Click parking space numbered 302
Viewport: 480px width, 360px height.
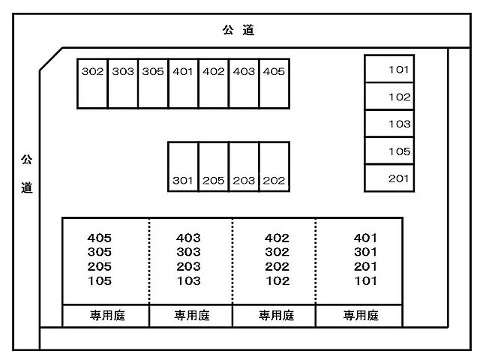[x=92, y=83]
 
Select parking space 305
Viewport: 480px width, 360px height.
[x=153, y=83]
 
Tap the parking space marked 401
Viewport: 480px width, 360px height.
[x=183, y=83]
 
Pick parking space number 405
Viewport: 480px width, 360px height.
[x=274, y=83]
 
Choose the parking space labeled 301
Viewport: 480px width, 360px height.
[x=183, y=167]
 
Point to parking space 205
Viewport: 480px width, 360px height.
[x=214, y=167]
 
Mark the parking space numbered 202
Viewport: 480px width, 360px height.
[x=274, y=167]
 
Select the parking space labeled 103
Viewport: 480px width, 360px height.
[x=388, y=124]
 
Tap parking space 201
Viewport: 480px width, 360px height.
[x=388, y=178]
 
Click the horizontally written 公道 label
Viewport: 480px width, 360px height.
[x=238, y=31]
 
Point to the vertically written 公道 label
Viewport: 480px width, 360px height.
[x=27, y=173]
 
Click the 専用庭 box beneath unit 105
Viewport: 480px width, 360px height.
[x=106, y=316]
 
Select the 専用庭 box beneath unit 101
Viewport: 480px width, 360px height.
[x=359, y=316]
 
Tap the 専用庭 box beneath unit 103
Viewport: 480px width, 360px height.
[x=190, y=316]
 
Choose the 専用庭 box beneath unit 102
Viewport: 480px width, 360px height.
[x=274, y=316]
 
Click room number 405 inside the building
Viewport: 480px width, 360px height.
[x=100, y=238]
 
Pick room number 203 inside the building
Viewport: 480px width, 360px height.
[x=188, y=267]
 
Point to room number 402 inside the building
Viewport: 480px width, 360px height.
[x=277, y=238]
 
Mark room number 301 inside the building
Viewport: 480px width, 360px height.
[x=365, y=253]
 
